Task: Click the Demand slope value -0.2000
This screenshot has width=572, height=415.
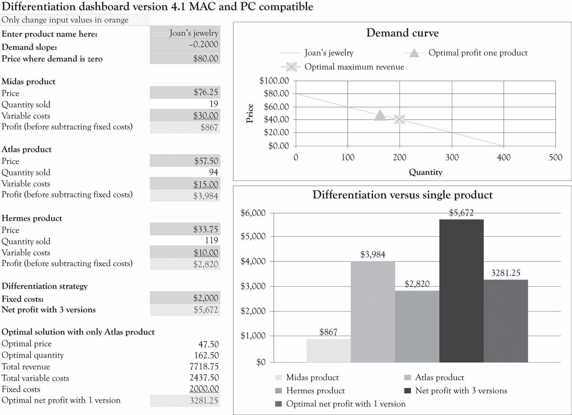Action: coord(203,45)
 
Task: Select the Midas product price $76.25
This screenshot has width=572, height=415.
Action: coord(206,92)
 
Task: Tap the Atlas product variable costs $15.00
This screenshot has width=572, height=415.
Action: coord(206,184)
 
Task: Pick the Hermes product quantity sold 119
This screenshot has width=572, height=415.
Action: coord(211,240)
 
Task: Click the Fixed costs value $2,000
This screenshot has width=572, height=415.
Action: coord(205,298)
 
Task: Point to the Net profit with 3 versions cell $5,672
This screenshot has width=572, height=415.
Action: coord(206,310)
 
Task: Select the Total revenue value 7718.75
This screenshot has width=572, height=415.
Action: coord(204,367)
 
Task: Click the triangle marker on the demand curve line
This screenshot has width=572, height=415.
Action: coord(380,116)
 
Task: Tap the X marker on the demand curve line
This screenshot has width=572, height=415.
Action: coord(400,119)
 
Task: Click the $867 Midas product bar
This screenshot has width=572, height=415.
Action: coord(328,351)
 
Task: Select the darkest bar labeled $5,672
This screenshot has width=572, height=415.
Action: coord(461,291)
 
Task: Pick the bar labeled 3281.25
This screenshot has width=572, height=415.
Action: coord(506,321)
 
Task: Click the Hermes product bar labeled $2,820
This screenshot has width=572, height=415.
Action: coord(417,326)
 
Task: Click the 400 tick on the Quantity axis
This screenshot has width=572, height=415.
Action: coord(504,157)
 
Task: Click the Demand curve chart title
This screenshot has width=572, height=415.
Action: coord(402,33)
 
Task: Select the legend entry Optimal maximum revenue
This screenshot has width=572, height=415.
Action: coord(354,67)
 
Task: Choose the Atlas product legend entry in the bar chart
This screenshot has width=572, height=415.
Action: coord(439,378)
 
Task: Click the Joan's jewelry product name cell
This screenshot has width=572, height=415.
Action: coord(194,33)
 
